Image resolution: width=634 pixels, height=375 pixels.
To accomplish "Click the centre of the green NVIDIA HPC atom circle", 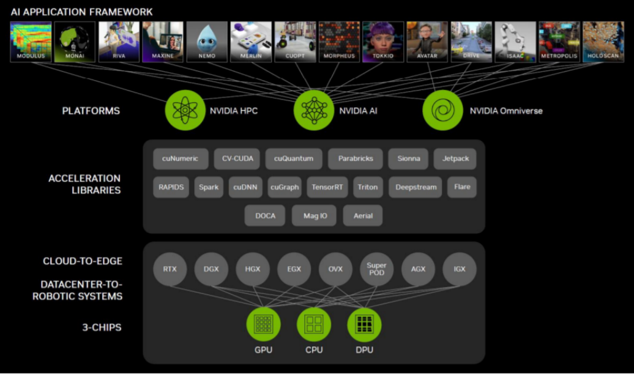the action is coord(185,110).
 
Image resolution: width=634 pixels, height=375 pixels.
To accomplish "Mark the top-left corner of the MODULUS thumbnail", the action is coord(10,22).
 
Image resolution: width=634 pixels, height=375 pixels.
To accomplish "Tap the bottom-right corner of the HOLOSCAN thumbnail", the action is coord(624,62).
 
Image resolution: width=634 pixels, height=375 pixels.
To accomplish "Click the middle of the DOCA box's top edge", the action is coord(265,206).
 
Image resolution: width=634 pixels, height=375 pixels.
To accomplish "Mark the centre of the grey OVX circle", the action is coord(335,269).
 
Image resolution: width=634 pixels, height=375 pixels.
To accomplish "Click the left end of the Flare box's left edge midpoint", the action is coord(447,187).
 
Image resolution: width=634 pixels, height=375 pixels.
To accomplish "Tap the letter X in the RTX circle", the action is coord(174,269).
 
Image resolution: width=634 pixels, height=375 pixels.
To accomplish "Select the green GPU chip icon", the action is coord(263,324).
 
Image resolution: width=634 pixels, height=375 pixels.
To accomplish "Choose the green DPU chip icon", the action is coord(364,324).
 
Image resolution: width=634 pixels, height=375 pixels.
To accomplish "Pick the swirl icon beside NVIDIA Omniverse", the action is coord(442,110).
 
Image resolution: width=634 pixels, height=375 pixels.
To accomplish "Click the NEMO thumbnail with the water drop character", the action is coord(207,42).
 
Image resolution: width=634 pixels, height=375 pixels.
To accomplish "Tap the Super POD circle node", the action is coord(376,269).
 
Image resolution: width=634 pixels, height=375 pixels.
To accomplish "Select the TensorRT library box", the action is coord(327,187).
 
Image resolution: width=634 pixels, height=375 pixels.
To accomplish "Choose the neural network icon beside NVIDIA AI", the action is coord(314,110).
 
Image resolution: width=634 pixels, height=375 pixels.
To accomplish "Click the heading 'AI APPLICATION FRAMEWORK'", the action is coord(81,12).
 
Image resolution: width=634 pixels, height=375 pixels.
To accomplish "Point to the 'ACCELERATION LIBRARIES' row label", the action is coord(84,184).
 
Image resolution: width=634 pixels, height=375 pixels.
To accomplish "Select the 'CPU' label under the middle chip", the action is coord(314,350).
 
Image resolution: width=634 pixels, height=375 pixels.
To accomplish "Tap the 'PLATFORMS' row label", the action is coord(91,111).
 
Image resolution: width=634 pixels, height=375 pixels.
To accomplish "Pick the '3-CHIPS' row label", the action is coord(102,327).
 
